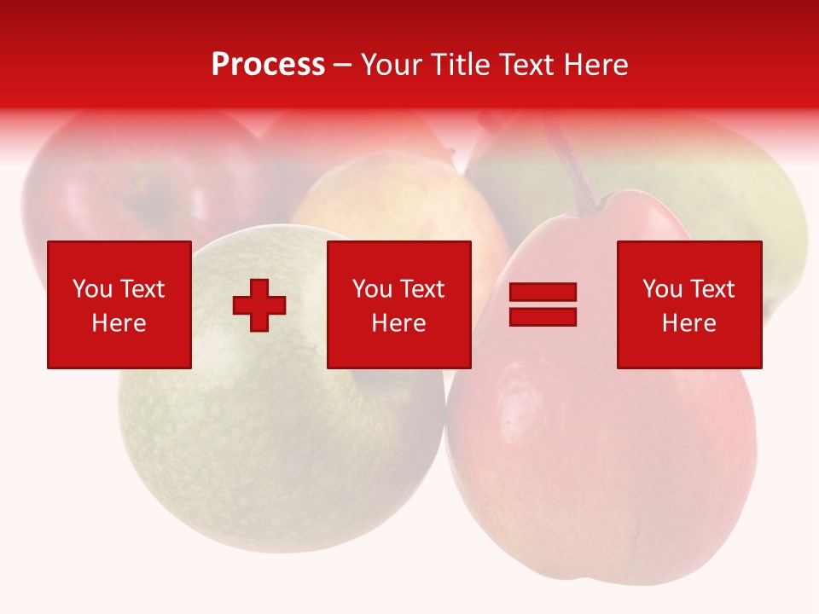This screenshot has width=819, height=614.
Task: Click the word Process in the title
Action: [268, 65]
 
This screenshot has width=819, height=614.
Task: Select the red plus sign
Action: [259, 304]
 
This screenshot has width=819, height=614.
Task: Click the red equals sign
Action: [543, 304]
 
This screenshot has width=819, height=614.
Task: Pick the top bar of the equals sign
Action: [543, 293]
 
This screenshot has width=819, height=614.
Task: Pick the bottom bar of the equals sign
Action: [543, 316]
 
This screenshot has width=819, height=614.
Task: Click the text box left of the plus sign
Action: [119, 304]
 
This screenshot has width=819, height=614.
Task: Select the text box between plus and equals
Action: [398, 304]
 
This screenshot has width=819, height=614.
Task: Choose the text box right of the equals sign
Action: [689, 304]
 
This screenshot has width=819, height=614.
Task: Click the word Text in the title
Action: [525, 65]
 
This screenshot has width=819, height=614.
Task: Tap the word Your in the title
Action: [390, 65]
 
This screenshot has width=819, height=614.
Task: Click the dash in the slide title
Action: [343, 65]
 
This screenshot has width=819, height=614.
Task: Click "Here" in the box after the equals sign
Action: [689, 323]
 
